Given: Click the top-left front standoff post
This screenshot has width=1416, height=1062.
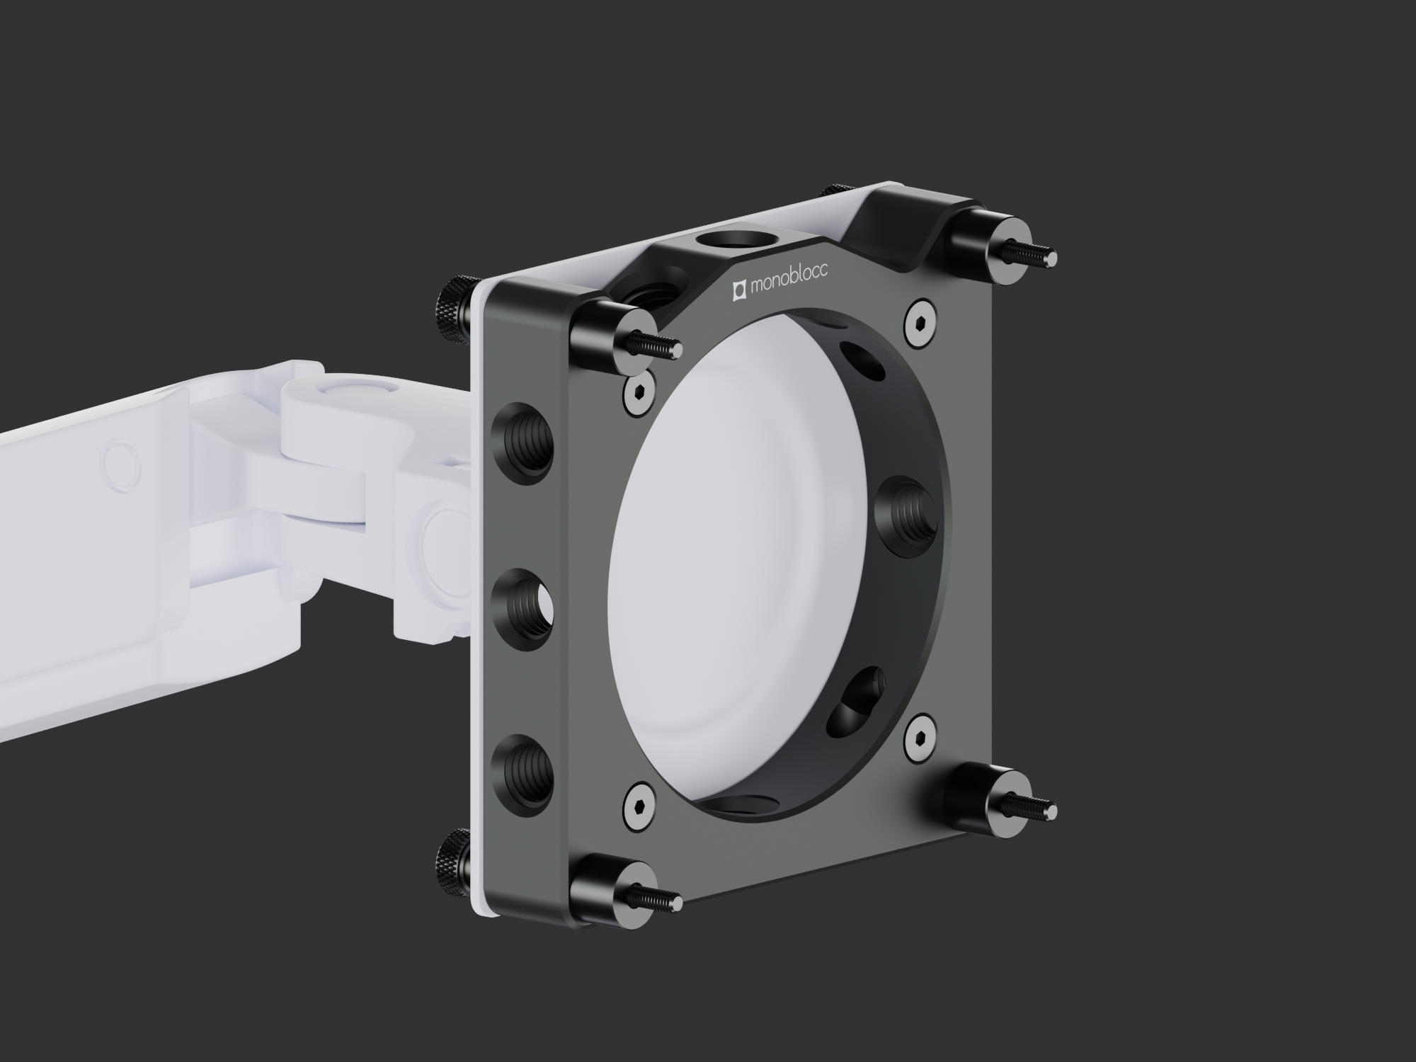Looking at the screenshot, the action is tap(623, 336).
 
